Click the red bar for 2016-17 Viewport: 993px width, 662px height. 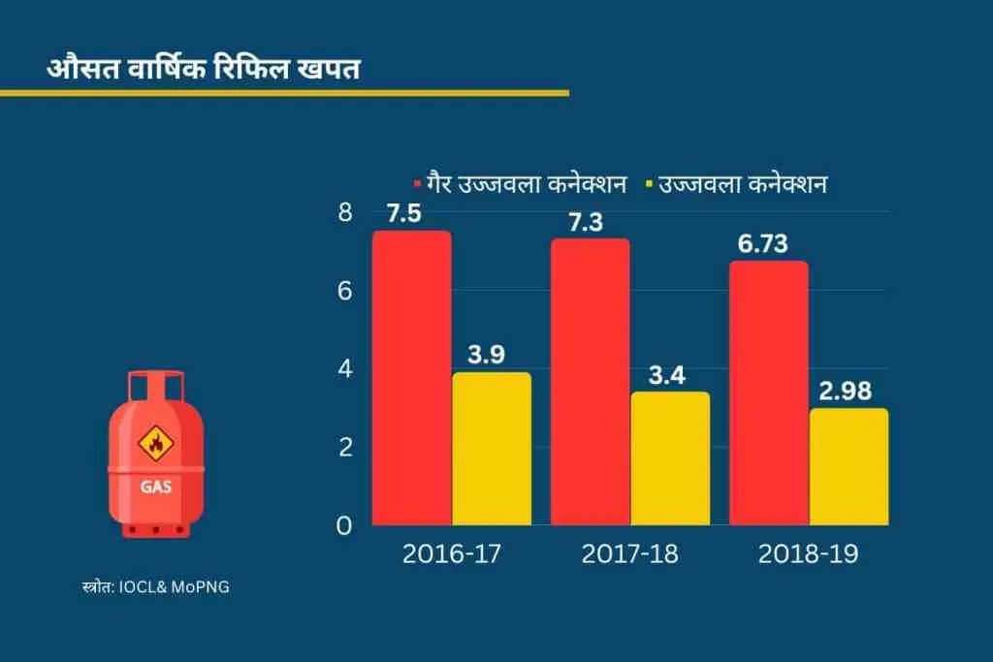point(412,378)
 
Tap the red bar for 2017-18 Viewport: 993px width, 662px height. point(591,382)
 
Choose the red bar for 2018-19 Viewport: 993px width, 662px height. point(769,393)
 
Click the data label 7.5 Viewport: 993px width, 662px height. point(404,214)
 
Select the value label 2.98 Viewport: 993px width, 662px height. point(845,392)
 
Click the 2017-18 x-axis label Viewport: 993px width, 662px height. point(630,554)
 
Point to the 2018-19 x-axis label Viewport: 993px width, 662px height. point(809,554)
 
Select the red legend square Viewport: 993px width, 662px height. point(417,182)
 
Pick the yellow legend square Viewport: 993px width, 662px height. point(649,182)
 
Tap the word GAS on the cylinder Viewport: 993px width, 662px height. point(155,487)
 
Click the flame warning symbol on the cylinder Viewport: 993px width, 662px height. point(155,444)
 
